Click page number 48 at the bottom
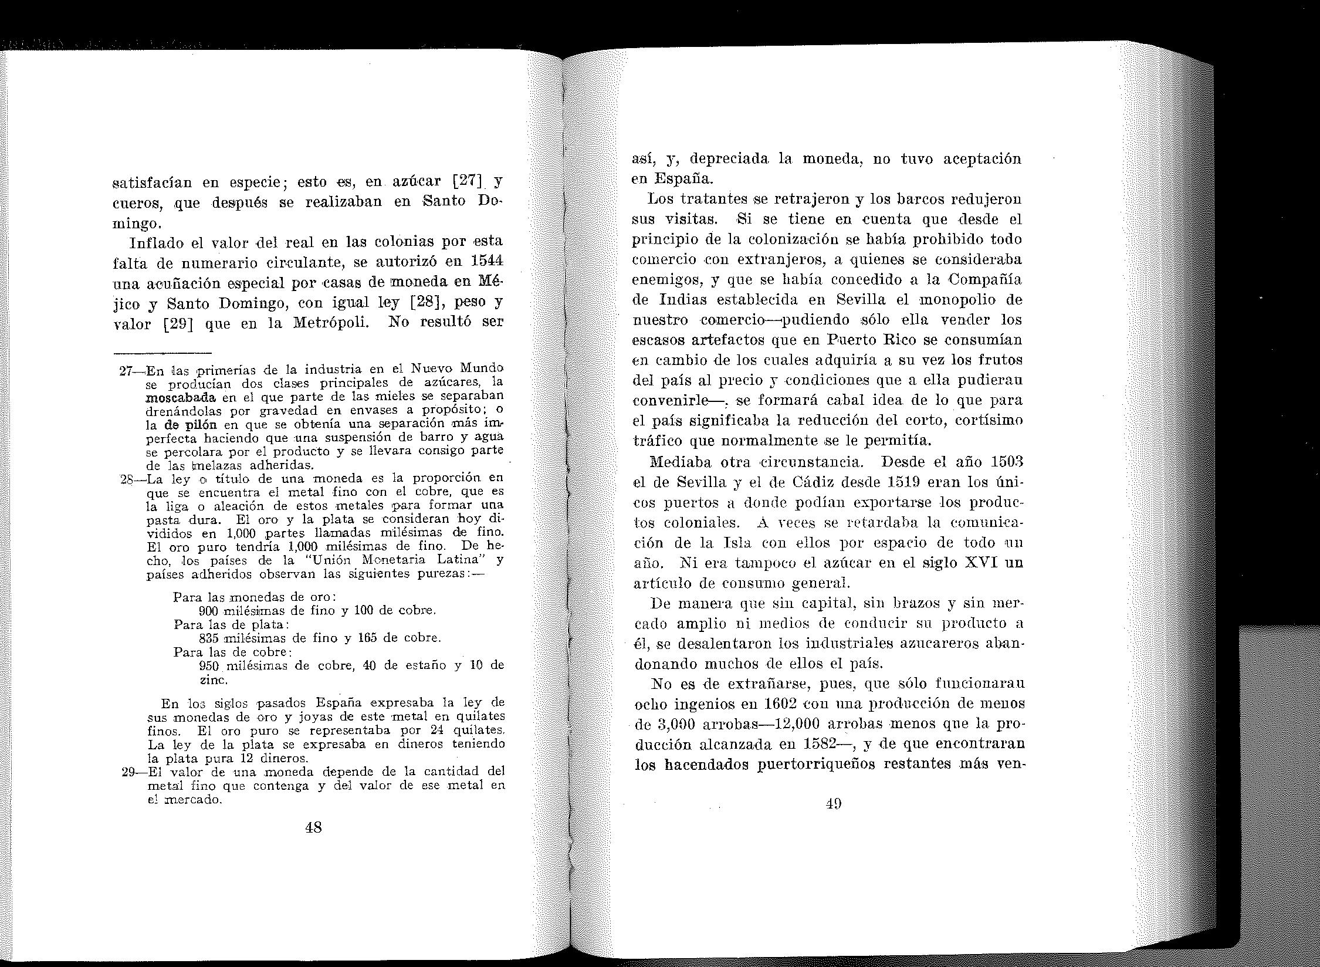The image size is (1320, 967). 313,827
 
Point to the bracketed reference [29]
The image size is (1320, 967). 178,323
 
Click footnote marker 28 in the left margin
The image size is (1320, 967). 128,479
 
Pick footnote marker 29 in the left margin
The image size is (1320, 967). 129,771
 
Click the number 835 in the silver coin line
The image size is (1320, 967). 209,638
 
